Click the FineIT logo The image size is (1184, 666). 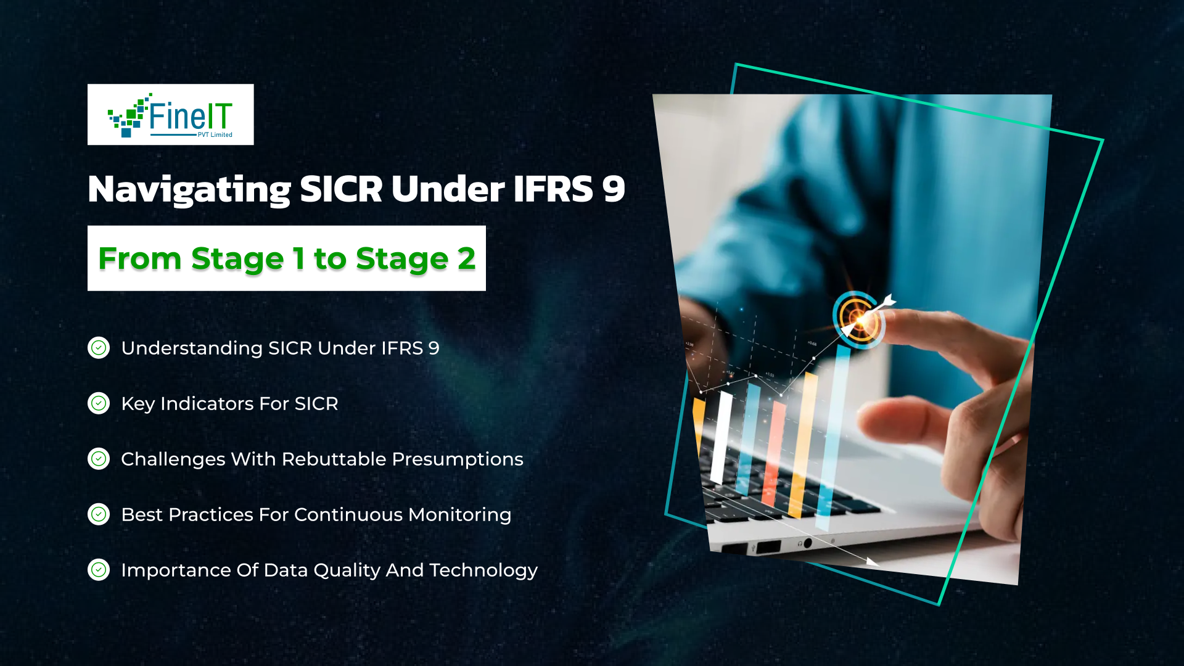tap(170, 115)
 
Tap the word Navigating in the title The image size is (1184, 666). tap(189, 189)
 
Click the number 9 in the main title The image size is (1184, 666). tap(614, 189)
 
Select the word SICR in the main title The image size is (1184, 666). tap(341, 189)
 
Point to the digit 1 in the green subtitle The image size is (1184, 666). tap(299, 258)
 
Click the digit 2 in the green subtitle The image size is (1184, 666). tap(466, 258)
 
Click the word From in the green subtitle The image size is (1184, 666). tap(139, 258)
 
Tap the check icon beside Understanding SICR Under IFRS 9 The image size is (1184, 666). tap(99, 348)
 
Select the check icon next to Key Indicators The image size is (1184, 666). tap(99, 403)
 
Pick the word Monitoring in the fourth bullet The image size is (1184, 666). tap(459, 514)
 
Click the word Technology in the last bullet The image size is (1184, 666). tap(483, 570)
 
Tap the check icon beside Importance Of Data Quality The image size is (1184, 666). tap(99, 570)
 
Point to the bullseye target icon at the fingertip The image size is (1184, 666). tap(858, 318)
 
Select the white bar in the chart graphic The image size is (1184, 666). tap(721, 438)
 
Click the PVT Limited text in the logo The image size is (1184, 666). tap(215, 134)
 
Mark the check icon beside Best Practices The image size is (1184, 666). tap(99, 514)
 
